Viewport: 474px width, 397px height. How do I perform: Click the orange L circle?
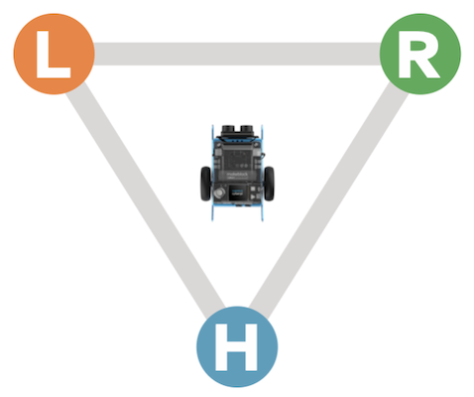(x=54, y=54)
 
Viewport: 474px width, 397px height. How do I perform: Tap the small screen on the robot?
(x=234, y=192)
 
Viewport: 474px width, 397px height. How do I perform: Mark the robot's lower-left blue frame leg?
(x=213, y=210)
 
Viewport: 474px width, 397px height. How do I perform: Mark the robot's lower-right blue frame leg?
(x=263, y=210)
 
